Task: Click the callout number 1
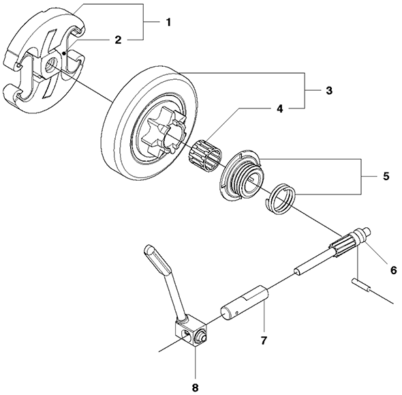(168, 22)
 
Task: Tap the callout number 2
(118, 40)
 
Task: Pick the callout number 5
(385, 175)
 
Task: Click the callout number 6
(392, 269)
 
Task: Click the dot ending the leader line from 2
(63, 51)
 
